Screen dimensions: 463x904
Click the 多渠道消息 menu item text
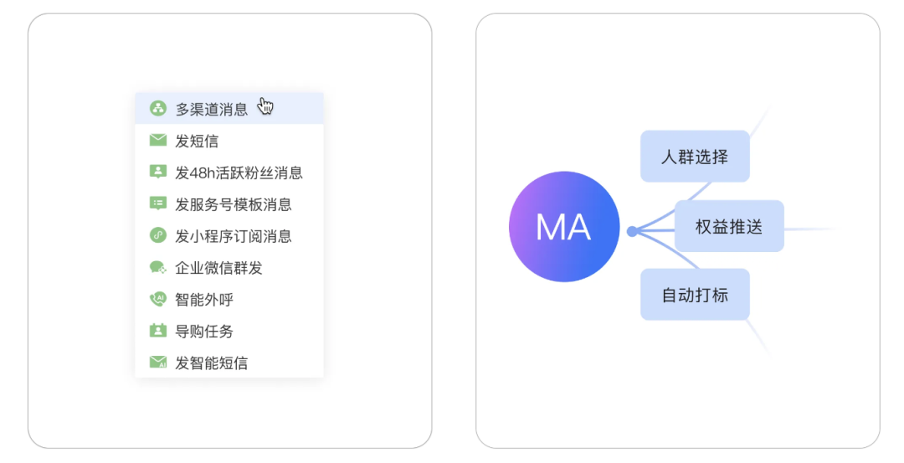click(x=211, y=109)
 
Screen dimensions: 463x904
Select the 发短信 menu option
click(x=197, y=141)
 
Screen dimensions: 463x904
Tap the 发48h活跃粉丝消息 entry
click(x=239, y=172)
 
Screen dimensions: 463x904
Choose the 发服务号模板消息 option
click(x=233, y=204)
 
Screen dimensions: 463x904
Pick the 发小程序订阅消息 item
click(x=233, y=236)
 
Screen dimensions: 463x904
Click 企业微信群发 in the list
click(x=218, y=268)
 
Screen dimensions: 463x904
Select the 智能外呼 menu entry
click(x=204, y=300)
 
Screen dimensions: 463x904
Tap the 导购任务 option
click(x=204, y=332)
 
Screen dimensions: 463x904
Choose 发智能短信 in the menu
click(x=211, y=363)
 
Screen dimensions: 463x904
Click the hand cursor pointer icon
click(x=265, y=106)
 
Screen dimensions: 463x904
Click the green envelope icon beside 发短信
click(x=158, y=141)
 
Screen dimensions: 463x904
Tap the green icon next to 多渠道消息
click(x=158, y=109)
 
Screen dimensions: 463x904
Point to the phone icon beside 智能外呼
click(x=158, y=299)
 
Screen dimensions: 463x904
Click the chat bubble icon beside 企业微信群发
click(x=158, y=268)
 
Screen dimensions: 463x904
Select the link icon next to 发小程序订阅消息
click(x=158, y=236)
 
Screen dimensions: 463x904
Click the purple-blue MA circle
click(x=564, y=227)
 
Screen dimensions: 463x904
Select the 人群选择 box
click(x=695, y=157)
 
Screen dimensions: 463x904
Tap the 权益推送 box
click(x=729, y=226)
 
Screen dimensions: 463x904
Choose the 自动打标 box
click(x=695, y=295)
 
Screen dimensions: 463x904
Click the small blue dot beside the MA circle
click(x=632, y=231)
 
